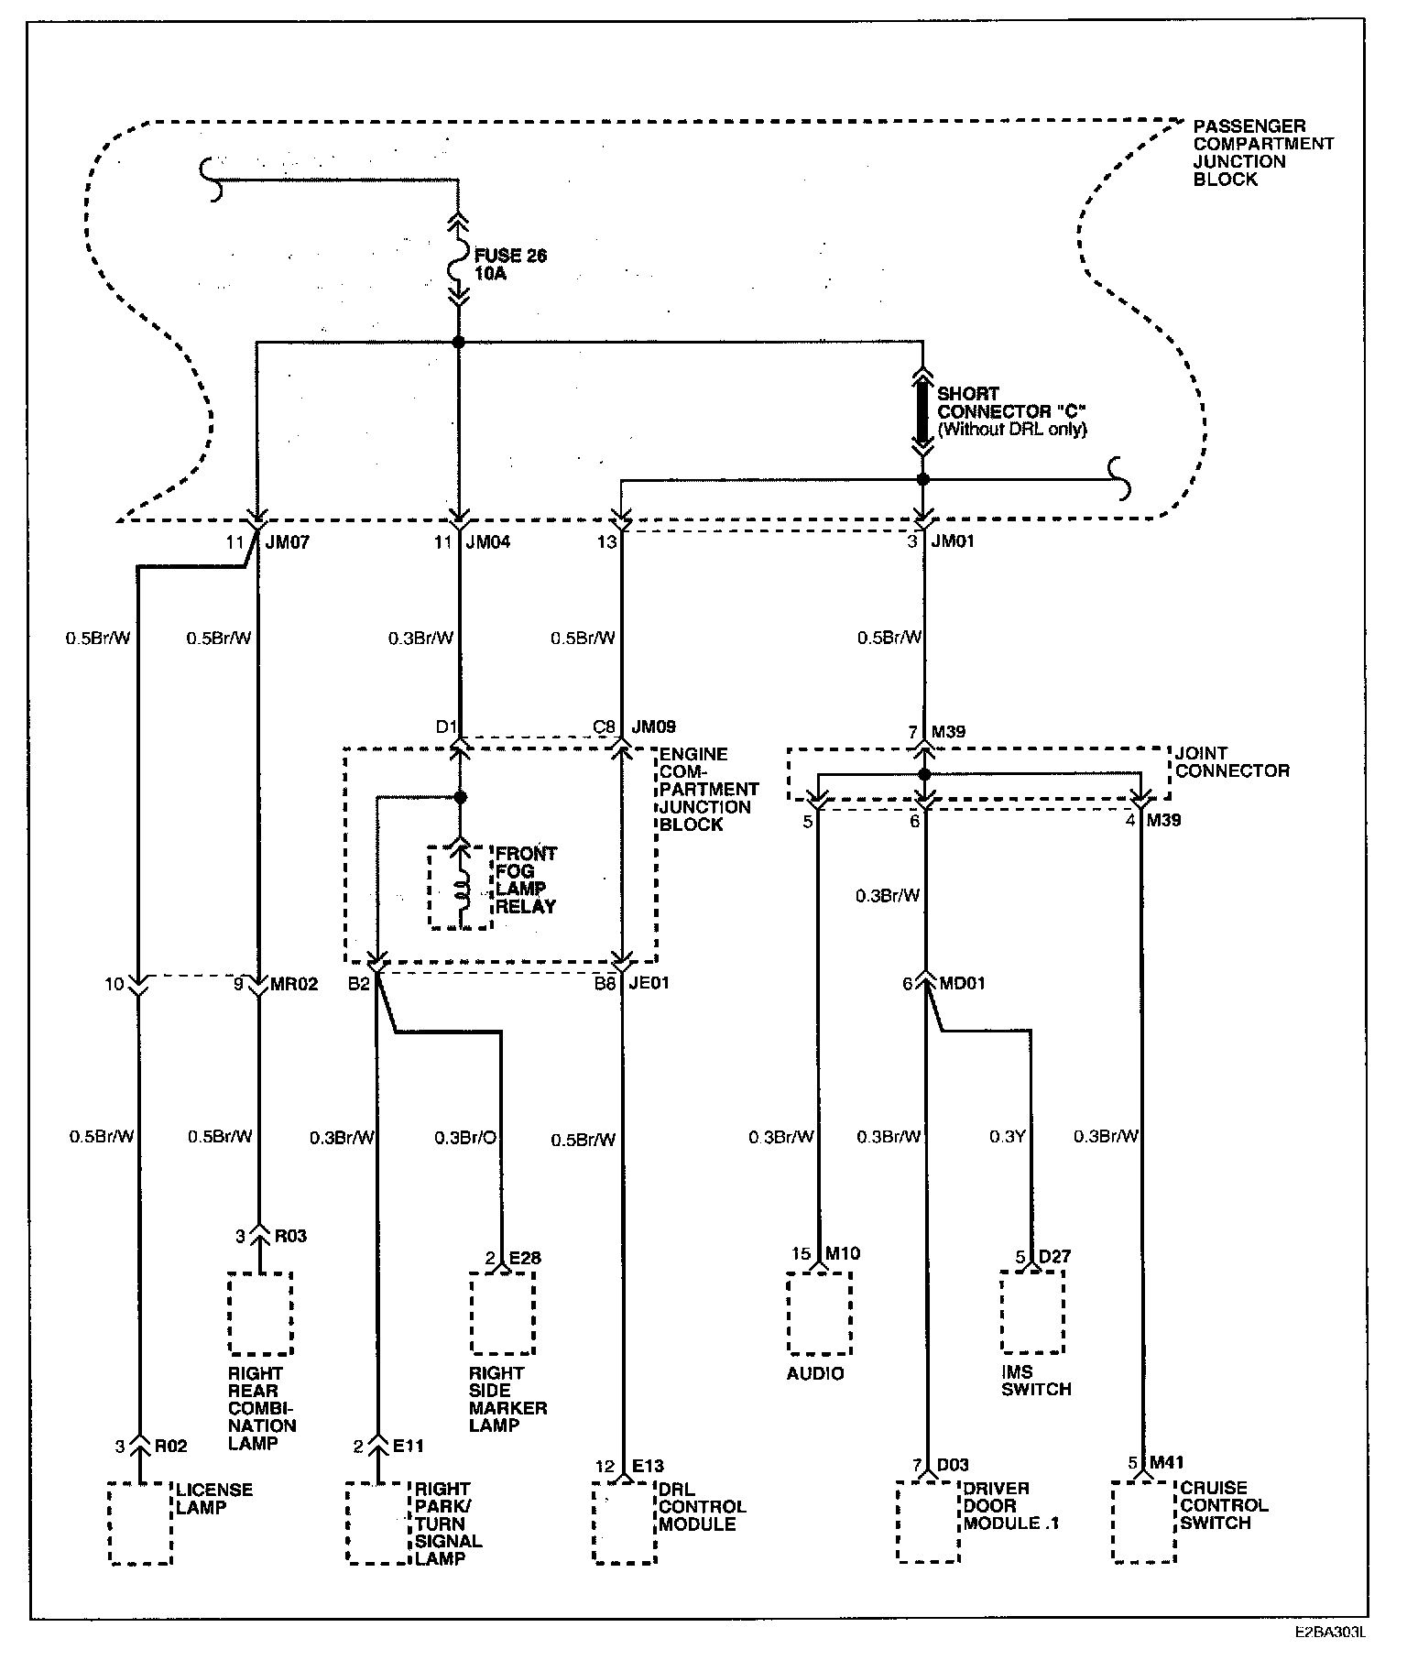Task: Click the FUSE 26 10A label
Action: (x=509, y=264)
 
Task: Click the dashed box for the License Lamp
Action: (x=140, y=1523)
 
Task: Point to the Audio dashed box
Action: (x=820, y=1313)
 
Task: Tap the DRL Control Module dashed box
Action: (x=625, y=1523)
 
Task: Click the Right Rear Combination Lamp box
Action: (x=260, y=1313)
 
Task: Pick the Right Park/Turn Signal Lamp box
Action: (x=377, y=1523)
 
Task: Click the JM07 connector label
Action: (x=288, y=541)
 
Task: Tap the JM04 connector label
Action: (x=488, y=541)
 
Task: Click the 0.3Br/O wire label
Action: (x=465, y=1138)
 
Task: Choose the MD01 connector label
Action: (x=963, y=984)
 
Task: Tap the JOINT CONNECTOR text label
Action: (x=1232, y=762)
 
